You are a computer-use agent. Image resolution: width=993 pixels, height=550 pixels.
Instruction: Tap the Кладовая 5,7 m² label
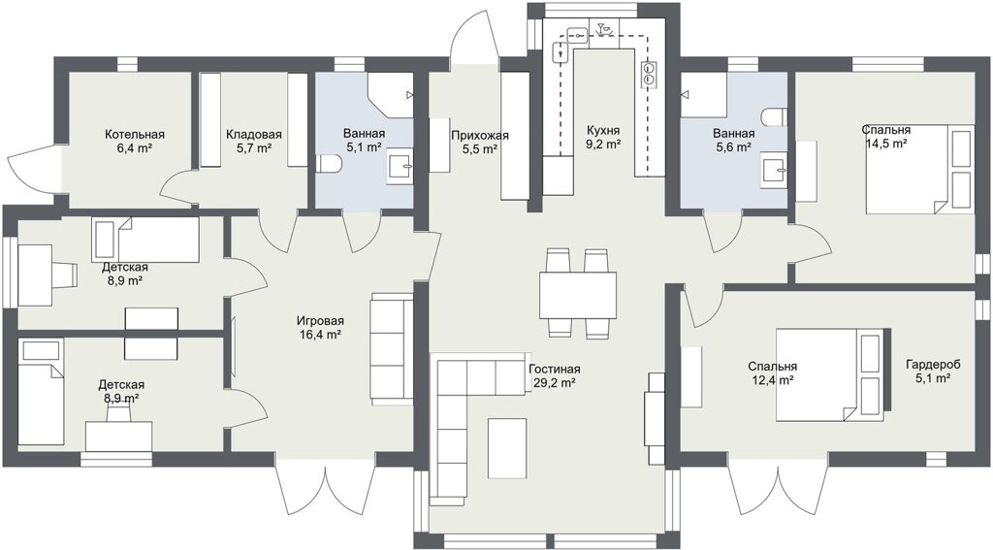pos(254,141)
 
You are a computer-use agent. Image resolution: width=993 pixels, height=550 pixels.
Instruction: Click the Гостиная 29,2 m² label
pos(554,375)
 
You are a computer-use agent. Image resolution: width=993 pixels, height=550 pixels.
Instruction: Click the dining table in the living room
pos(578,295)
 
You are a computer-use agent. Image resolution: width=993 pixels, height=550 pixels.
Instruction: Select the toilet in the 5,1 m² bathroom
pos(329,165)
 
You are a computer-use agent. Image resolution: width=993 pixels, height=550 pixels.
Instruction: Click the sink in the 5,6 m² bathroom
pos(775,171)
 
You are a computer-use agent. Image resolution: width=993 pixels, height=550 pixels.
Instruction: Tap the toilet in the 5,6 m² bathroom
pos(773,117)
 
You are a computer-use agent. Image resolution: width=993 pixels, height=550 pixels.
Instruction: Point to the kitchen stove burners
pos(649,73)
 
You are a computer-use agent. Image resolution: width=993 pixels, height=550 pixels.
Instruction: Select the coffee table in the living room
pos(507,448)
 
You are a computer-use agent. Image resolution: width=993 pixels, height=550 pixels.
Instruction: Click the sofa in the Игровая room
pos(392,348)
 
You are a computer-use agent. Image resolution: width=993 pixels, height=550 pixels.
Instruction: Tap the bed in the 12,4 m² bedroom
pos(830,374)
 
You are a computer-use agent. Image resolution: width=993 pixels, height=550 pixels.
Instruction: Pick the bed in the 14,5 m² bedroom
pos(919,169)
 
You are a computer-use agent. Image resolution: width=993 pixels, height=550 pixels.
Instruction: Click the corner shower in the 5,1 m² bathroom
pos(390,94)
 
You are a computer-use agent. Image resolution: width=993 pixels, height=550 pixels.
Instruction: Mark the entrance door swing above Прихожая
pos(473,37)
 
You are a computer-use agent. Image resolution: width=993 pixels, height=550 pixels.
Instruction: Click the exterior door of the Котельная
pos(33,167)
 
